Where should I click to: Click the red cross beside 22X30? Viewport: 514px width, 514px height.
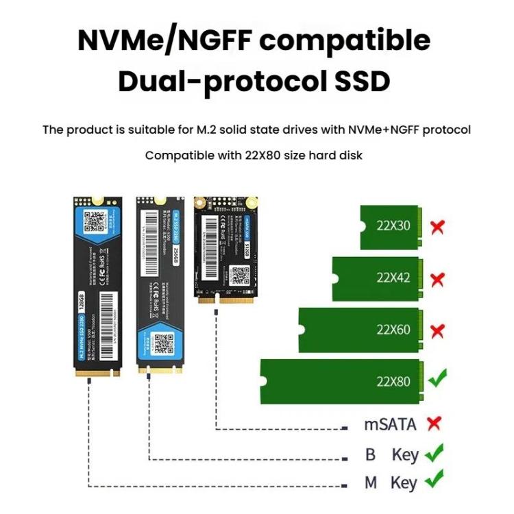pyautogui.click(x=437, y=226)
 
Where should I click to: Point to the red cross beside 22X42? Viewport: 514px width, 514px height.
pyautogui.click(x=437, y=279)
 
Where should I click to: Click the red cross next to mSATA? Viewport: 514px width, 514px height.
pyautogui.click(x=433, y=424)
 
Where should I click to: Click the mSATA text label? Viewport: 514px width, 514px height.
pyautogui.click(x=389, y=425)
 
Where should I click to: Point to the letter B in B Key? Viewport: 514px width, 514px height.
pyautogui.click(x=370, y=454)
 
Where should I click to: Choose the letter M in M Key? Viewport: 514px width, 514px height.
pyautogui.click(x=371, y=482)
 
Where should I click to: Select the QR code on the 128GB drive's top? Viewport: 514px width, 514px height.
pyautogui.click(x=95, y=221)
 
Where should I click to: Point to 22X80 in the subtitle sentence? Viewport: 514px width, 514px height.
pyautogui.click(x=262, y=156)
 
